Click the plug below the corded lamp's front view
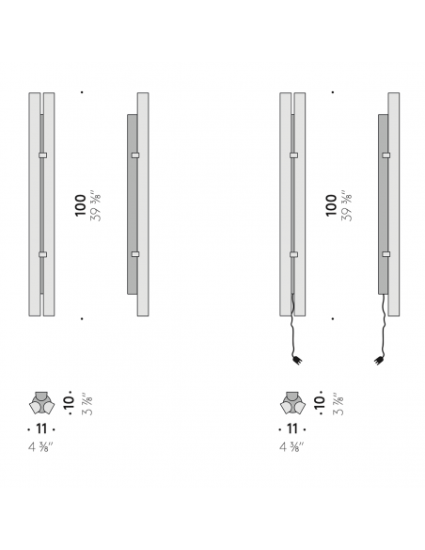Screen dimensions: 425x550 pos(297,361)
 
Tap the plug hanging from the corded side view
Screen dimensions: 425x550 pos(378,361)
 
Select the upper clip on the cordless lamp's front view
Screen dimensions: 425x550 pos(42,155)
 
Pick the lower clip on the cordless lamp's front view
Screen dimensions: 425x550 pos(42,254)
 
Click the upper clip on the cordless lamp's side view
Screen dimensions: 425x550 pos(135,155)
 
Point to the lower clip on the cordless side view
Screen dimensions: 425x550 pos(135,254)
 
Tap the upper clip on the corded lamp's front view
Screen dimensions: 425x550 pos(294,155)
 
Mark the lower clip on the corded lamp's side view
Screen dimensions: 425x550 pos(386,254)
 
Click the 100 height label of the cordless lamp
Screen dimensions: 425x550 pos(81,205)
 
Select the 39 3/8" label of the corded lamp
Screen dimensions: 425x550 pos(346,206)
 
